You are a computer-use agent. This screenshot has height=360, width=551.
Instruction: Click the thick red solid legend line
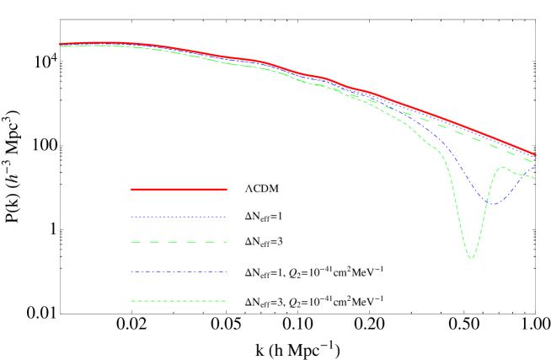coord(179,190)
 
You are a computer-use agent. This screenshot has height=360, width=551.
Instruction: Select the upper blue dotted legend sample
coord(179,217)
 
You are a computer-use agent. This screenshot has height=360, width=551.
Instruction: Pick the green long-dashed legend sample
coord(179,242)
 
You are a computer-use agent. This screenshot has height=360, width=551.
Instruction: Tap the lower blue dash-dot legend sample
coord(179,271)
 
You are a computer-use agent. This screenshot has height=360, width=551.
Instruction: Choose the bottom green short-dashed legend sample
coord(179,301)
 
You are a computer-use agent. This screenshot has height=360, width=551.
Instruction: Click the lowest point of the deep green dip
coord(471,257)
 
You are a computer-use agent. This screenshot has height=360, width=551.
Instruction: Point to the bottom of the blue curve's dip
coord(491,204)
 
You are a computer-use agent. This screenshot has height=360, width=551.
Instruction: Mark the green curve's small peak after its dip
coord(503,167)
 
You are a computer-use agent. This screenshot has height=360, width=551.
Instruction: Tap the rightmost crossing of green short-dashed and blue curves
coord(528,175)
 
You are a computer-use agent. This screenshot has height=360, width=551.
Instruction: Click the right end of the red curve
coord(536,154)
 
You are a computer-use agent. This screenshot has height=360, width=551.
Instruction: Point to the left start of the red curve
coord(61,44)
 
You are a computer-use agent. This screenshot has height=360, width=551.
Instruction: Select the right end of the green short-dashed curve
coord(536,179)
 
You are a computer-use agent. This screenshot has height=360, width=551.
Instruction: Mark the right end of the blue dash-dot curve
coord(536,167)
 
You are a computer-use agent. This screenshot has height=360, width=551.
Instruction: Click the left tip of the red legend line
coord(131,190)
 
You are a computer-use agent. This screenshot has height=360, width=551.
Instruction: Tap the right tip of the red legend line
coord(227,190)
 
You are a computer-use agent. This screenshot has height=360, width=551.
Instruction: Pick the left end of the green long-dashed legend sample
coord(131,242)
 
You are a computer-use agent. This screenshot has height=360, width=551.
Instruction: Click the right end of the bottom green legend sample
coord(226,301)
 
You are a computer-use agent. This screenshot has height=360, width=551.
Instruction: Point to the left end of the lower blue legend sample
coord(131,271)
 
